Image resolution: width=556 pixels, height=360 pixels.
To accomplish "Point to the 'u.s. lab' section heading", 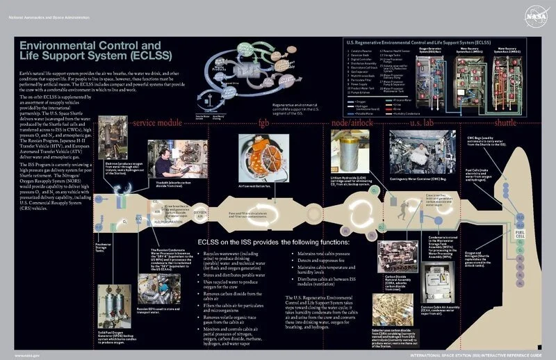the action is pos(420,124).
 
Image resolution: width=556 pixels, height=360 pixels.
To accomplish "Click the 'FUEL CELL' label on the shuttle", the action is pos(518,213).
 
